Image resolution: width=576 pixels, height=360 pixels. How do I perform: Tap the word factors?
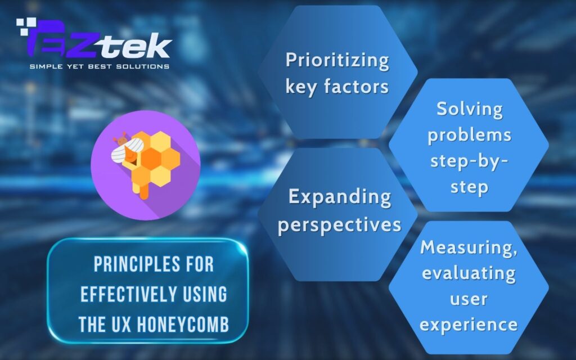(x=361, y=87)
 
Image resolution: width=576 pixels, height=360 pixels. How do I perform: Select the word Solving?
(x=469, y=109)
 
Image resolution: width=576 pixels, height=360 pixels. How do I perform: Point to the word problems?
(x=469, y=135)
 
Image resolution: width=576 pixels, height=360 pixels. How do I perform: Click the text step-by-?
(x=469, y=161)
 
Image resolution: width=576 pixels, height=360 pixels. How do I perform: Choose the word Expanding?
(x=339, y=197)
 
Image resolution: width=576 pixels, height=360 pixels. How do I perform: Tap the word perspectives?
(x=339, y=224)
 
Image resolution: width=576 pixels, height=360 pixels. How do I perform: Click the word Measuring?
(x=469, y=248)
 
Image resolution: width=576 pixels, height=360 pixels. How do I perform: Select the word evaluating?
(x=469, y=274)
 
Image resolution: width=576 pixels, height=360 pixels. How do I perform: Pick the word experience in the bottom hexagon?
(x=469, y=325)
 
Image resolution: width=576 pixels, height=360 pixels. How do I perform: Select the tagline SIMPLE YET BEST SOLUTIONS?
(x=100, y=66)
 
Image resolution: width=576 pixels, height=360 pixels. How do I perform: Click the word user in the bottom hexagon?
(x=469, y=299)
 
